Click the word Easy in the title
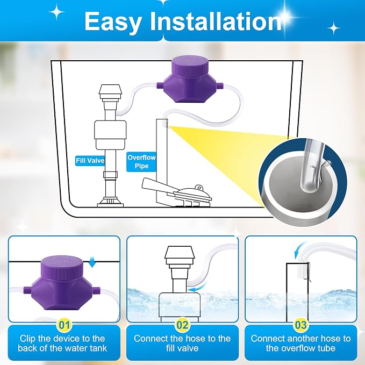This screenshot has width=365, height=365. [113, 21]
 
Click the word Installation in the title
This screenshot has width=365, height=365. [216, 21]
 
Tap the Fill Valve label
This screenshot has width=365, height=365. [90, 161]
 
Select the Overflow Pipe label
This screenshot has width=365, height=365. [141, 162]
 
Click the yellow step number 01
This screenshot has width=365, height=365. [65, 325]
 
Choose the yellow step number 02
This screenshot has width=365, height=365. [182, 325]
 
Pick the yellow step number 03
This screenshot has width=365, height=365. [300, 325]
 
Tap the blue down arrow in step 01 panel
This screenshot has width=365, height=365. [92, 262]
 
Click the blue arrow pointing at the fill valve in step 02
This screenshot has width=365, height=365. [196, 290]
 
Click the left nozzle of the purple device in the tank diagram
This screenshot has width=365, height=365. [160, 85]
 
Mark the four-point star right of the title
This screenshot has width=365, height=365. [333, 28]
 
